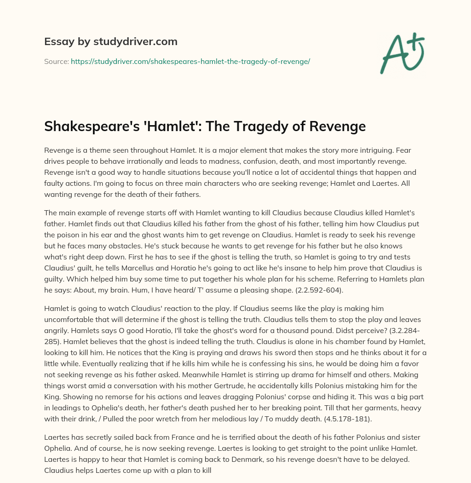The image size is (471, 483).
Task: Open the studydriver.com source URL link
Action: pyautogui.click(x=190, y=61)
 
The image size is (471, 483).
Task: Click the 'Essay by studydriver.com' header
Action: pyautogui.click(x=111, y=42)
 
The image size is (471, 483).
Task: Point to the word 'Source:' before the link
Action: pyautogui.click(x=56, y=61)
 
